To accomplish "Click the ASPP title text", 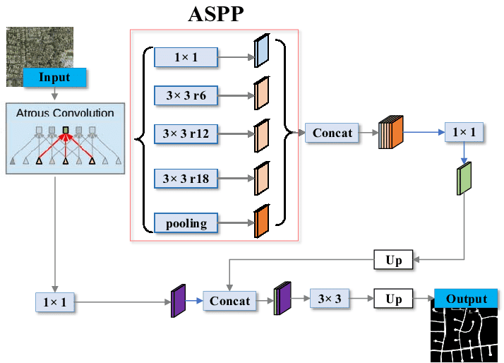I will pos(215,13).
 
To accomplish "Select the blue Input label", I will pos(54,77).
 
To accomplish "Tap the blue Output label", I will pos(467,299).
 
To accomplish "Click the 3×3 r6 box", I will pos(186,95).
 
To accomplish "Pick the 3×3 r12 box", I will pos(186,133).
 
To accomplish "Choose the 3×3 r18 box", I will pos(186,177).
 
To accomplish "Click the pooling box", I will pos(186,223).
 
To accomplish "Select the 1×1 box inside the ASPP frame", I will pos(186,56).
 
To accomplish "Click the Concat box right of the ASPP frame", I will pos(332,132).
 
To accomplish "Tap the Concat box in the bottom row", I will pos(229,301).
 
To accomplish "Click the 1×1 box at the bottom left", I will pos(54,302).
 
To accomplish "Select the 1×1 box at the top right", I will pos(464,132).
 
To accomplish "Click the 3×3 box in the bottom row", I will pos(330,299).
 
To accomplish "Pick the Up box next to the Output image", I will pos(393,299).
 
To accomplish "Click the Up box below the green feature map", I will pos(393,260).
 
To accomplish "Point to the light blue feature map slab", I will pos(260,52).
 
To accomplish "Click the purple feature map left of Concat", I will pos(177,302).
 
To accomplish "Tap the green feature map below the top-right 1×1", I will pos(464,178).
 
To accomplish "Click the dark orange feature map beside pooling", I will pos(261,221).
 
